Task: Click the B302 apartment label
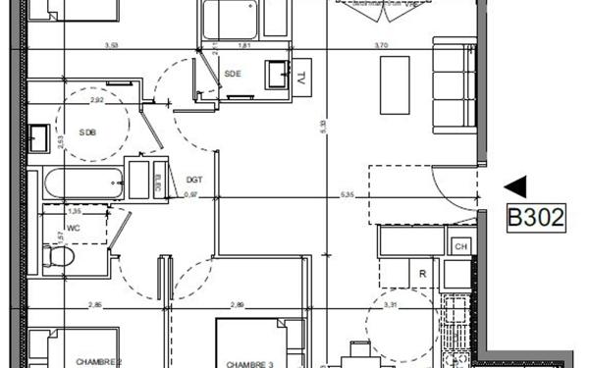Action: [x=535, y=217]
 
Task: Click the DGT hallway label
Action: [x=193, y=179]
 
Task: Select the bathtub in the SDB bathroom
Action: [x=82, y=184]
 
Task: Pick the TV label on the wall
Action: [x=302, y=78]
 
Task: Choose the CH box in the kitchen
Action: [x=458, y=246]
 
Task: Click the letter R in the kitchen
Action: [x=421, y=275]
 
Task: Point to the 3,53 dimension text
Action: [x=118, y=45]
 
